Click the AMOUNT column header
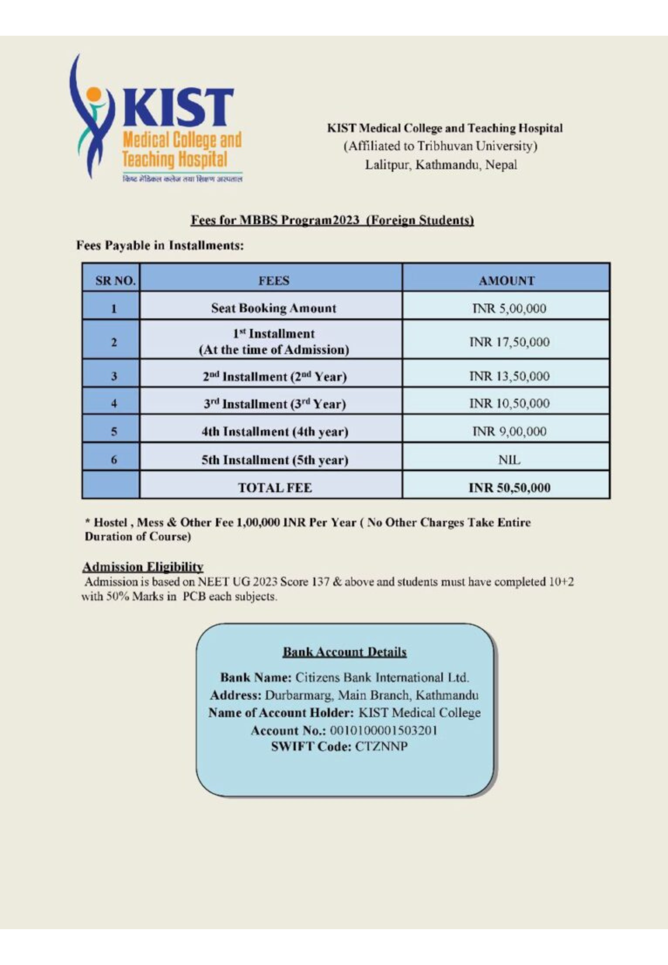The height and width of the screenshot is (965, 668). (506, 281)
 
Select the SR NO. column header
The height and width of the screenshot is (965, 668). (111, 281)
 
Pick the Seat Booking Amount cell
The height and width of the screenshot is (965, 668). (273, 308)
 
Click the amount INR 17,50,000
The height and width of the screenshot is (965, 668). (509, 342)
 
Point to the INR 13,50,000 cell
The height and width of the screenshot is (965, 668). (509, 376)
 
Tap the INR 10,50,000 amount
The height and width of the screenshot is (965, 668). (509, 404)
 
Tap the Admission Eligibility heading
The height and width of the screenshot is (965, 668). (143, 567)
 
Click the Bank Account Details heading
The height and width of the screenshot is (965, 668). (345, 652)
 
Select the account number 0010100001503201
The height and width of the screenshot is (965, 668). (384, 731)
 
